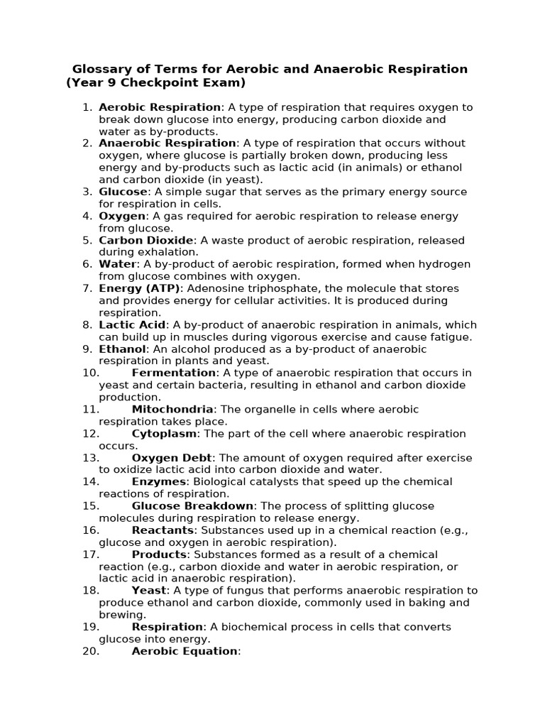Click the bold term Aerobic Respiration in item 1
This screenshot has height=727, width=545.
160,107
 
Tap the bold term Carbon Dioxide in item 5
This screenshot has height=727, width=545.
145,240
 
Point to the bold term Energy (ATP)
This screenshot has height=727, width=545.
140,288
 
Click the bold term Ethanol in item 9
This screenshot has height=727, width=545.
122,349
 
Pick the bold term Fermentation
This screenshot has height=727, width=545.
174,373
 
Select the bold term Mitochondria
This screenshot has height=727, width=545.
172,409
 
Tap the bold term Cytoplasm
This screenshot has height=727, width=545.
165,433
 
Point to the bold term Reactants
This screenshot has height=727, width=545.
163,530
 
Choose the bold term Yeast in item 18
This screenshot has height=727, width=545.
149,590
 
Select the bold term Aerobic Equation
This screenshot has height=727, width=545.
185,650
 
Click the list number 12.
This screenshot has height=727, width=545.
90,433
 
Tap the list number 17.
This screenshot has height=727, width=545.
90,554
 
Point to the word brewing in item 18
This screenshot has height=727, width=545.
121,614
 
